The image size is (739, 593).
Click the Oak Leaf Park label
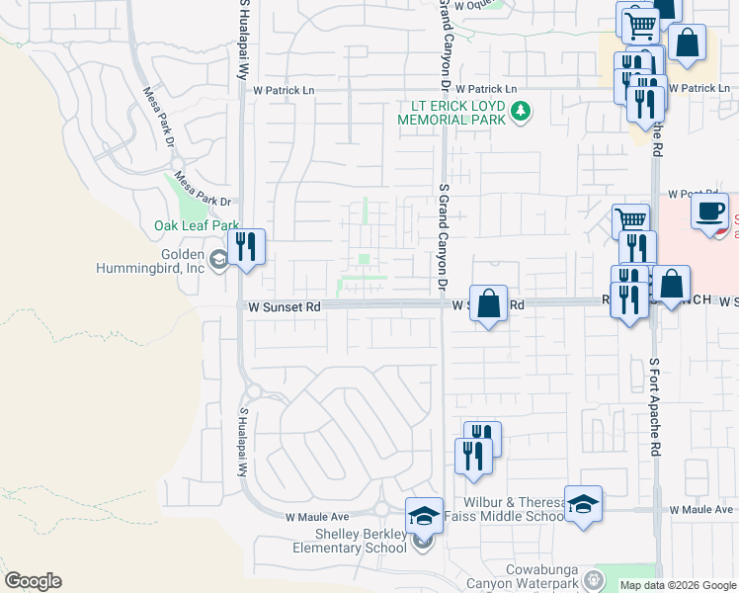[x=198, y=226]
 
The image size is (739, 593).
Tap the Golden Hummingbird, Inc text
[x=151, y=259]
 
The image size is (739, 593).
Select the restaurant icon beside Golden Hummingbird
[x=246, y=246]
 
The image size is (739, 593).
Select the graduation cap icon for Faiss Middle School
[x=583, y=503]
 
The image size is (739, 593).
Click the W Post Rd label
[x=684, y=194]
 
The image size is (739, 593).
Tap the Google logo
[x=33, y=581]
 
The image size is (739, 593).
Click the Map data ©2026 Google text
[x=678, y=585]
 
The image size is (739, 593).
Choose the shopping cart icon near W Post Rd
[x=630, y=219]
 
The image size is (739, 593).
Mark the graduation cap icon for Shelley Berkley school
[x=424, y=515]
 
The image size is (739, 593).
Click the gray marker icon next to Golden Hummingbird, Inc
[x=219, y=260]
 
